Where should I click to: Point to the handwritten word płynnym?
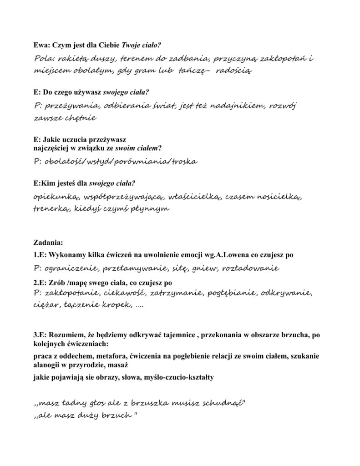click(x=150, y=209)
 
